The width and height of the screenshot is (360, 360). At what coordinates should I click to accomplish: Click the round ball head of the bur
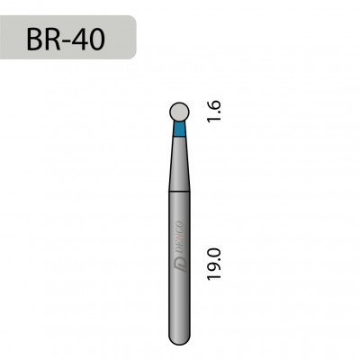pos(181,112)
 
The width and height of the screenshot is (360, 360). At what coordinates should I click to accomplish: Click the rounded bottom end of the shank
pos(181,338)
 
